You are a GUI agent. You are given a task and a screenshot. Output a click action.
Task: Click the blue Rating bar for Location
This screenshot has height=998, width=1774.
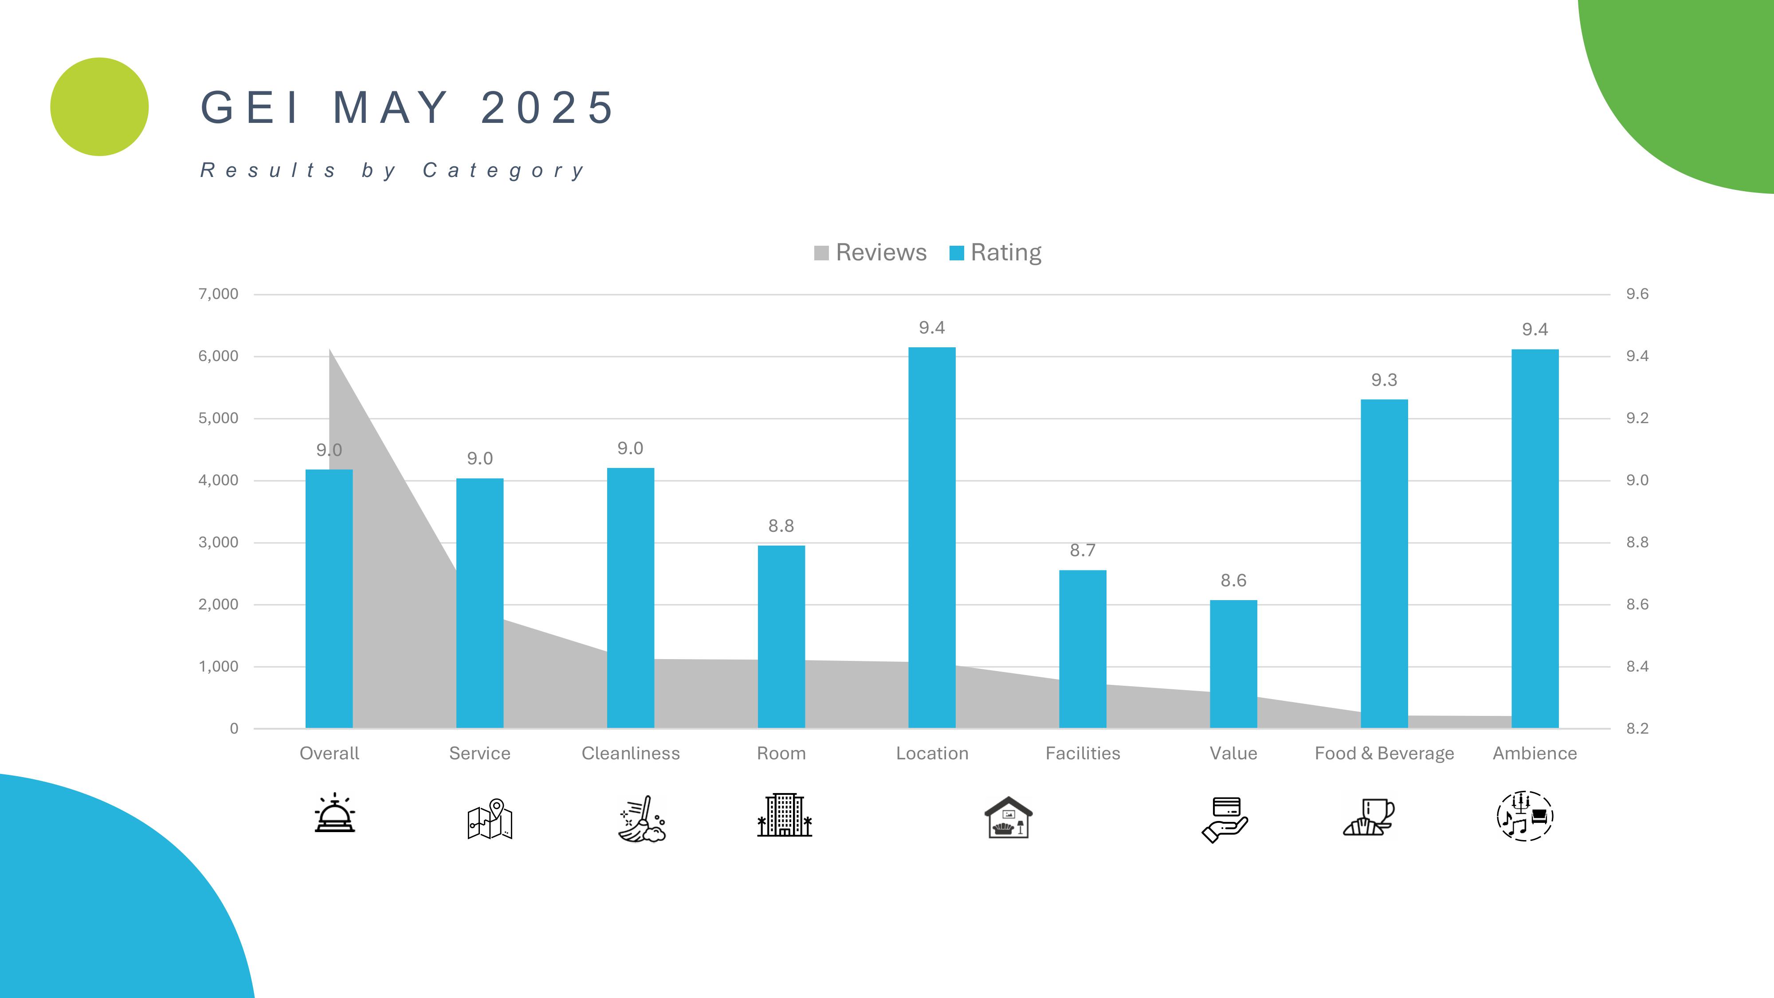(932, 537)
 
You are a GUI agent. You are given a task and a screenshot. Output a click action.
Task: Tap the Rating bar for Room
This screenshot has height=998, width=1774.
(781, 637)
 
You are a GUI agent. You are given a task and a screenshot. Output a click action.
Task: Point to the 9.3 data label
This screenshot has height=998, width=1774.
(1384, 380)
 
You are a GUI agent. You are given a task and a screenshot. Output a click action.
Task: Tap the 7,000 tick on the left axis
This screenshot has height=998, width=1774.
(218, 294)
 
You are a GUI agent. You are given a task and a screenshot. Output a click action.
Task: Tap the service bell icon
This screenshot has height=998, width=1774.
(335, 813)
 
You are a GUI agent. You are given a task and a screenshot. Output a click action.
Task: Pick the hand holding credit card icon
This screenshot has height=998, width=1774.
(1225, 819)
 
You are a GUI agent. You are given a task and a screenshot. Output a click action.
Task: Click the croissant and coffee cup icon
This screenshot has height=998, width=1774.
(1369, 817)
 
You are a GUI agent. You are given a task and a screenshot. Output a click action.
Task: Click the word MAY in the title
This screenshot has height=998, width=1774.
(390, 108)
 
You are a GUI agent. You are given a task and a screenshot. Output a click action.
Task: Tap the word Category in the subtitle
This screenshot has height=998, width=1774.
(503, 170)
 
